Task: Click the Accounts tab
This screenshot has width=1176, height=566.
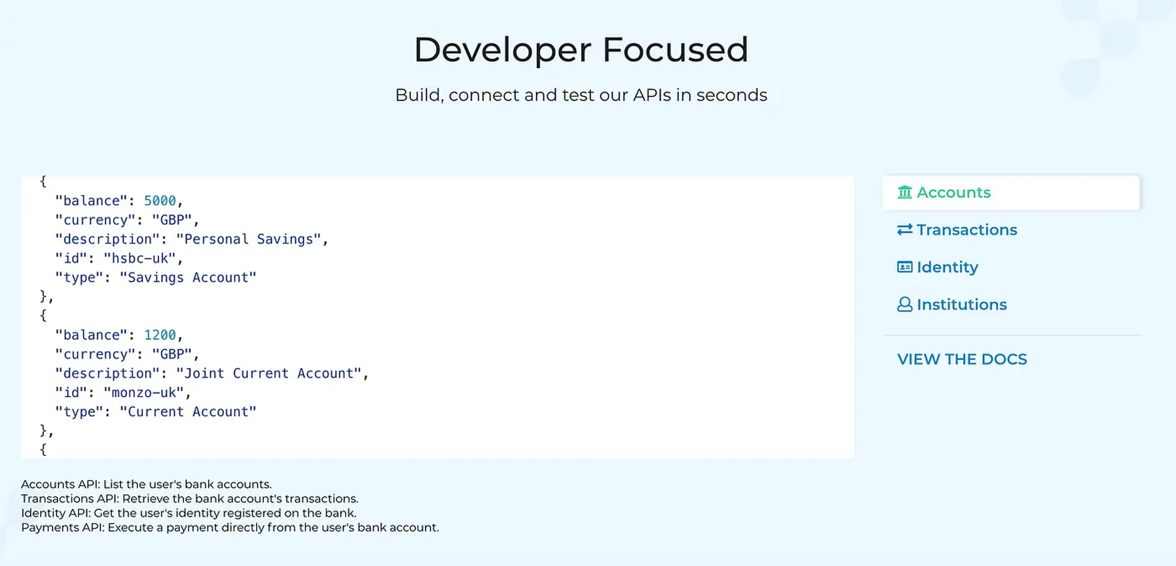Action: coord(1011,193)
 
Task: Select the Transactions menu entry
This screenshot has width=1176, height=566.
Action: coord(957,230)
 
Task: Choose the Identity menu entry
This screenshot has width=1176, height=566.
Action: coord(938,267)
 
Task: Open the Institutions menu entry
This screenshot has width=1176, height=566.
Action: coord(952,304)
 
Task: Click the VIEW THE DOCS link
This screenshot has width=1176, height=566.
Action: coord(962,359)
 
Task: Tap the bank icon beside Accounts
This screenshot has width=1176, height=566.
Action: coord(905,192)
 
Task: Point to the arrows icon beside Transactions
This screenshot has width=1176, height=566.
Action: coord(905,230)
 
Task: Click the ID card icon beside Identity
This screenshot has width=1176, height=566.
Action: coord(905,267)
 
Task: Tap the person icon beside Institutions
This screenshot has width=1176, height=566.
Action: coord(905,304)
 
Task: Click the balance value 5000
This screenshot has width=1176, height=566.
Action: coord(160,201)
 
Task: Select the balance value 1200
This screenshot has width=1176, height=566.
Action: coord(160,335)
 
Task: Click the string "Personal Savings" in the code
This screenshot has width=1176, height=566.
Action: coord(248,240)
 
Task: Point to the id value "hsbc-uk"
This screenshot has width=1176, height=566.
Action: coord(140,258)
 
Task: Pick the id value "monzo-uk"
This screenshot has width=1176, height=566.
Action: coord(144,393)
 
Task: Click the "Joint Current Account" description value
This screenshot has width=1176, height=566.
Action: coord(268,373)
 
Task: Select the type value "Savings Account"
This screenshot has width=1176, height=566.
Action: coord(188,277)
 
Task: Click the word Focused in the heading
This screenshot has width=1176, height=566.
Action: coord(675,50)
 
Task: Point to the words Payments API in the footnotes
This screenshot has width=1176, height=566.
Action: coord(62,527)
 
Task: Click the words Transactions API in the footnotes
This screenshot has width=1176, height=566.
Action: coord(70,499)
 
